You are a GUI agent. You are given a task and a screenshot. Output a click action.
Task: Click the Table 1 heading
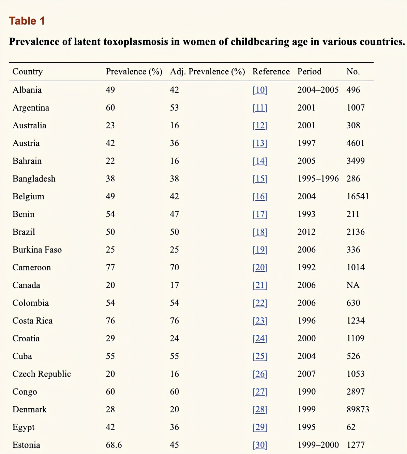coord(27,21)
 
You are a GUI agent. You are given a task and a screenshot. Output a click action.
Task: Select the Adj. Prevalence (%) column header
coord(207,71)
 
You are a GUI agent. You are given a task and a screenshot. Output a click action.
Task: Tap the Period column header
coord(309,71)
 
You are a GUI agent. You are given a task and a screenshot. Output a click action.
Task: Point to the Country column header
coord(28,71)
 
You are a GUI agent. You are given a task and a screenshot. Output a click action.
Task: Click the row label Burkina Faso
coord(37,250)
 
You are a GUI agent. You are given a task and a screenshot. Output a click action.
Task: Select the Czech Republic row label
coord(42,374)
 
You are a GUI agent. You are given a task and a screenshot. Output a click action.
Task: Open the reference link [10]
coord(260,90)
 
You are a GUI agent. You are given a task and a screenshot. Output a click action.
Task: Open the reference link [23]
coord(260,321)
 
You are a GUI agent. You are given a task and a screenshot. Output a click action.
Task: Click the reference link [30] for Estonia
coord(260,445)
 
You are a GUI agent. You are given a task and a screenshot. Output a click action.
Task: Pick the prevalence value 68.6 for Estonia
coord(114,445)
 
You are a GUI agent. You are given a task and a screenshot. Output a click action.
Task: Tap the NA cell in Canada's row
coord(353,285)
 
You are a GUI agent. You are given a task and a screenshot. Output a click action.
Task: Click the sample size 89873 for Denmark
coord(358,409)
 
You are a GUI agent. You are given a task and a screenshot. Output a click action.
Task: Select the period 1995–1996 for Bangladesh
coord(318,179)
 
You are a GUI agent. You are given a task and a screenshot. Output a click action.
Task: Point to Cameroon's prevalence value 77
coord(110,267)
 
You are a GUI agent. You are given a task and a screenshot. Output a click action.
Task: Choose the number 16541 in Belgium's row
coord(358,196)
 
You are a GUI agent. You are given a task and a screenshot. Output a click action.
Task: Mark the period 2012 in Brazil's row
coord(306,232)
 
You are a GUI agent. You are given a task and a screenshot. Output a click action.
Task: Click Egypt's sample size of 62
coord(351,427)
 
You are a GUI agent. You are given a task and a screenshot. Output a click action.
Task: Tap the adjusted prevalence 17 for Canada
coord(175,285)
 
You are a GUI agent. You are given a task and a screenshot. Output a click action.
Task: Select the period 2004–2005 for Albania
coord(318,90)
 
